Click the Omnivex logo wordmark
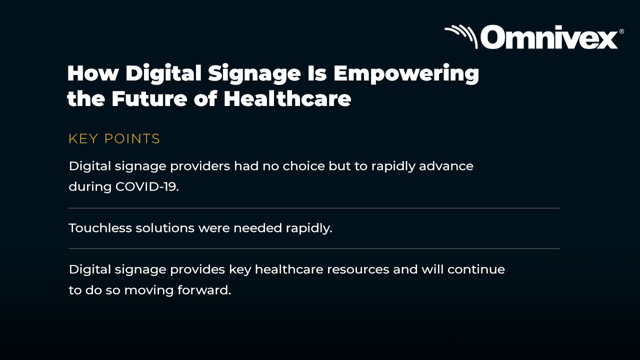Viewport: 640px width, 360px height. click(x=549, y=37)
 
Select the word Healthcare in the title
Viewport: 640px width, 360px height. click(x=287, y=98)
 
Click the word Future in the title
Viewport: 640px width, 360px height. click(x=149, y=99)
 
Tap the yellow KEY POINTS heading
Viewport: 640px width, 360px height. click(x=114, y=139)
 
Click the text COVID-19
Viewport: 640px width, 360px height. click(x=147, y=187)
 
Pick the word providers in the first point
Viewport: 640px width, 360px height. click(x=200, y=166)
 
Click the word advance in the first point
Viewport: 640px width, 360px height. click(x=446, y=166)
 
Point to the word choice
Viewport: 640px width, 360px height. click(x=303, y=166)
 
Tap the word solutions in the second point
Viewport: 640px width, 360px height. click(x=165, y=228)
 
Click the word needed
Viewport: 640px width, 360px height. click(x=257, y=228)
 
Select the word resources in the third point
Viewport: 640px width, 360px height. click(x=358, y=269)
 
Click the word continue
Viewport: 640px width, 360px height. click(x=476, y=269)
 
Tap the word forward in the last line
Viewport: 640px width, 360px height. click(x=204, y=290)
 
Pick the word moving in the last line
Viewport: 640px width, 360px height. click(x=149, y=291)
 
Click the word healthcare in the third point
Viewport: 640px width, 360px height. click(x=289, y=269)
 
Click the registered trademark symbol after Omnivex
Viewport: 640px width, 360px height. click(x=621, y=31)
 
